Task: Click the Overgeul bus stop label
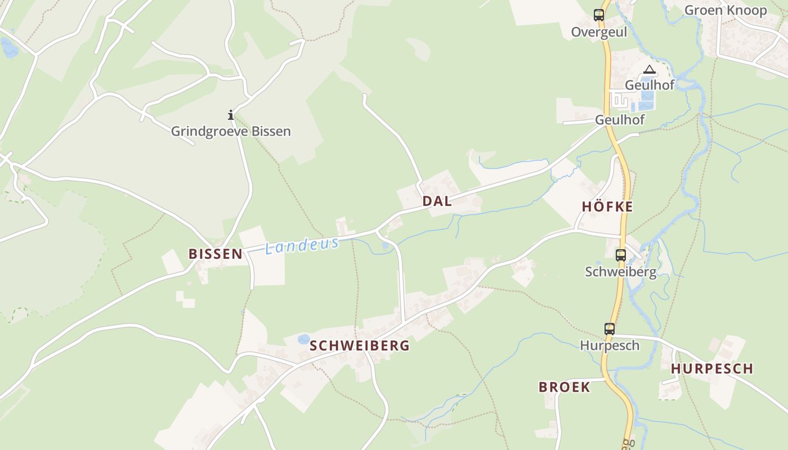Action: pyautogui.click(x=599, y=32)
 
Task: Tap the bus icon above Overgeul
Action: pyautogui.click(x=599, y=15)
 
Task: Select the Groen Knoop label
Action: pyautogui.click(x=725, y=10)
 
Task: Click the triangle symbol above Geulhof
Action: pyautogui.click(x=650, y=70)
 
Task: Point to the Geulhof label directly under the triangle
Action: pyautogui.click(x=650, y=85)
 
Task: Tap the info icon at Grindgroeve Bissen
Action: pyautogui.click(x=231, y=115)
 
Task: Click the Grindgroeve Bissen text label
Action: pyautogui.click(x=231, y=132)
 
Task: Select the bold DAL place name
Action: pyautogui.click(x=437, y=201)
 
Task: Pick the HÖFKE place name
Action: pyautogui.click(x=607, y=207)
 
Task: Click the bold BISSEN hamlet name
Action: pyautogui.click(x=216, y=254)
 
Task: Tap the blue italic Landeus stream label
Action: pyautogui.click(x=302, y=245)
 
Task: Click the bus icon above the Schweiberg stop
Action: pyautogui.click(x=621, y=255)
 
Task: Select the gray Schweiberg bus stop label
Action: pyautogui.click(x=621, y=272)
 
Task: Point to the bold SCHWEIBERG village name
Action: pyautogui.click(x=360, y=346)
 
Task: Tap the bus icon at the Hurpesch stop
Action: pyautogui.click(x=610, y=328)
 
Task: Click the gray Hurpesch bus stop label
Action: pyautogui.click(x=610, y=345)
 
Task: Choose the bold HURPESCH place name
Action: pyautogui.click(x=711, y=369)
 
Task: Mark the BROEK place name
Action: pyautogui.click(x=565, y=387)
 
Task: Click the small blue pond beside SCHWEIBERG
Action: pyautogui.click(x=303, y=339)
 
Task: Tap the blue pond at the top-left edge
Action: pyautogui.click(x=9, y=48)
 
